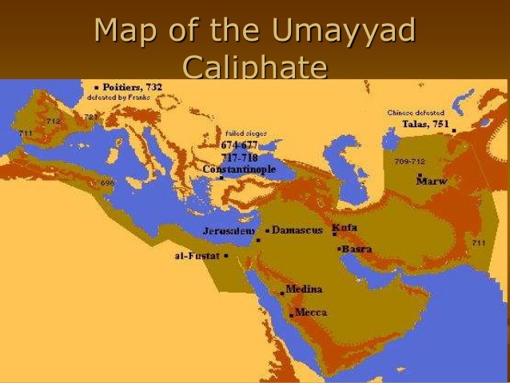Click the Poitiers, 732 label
coord(132,86)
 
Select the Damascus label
coord(297,229)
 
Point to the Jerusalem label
coord(229,230)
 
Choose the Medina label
coord(304,289)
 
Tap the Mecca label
coord(311,312)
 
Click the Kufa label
coord(345,227)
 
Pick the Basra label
coord(357,249)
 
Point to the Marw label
coord(432,181)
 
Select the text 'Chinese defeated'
coord(416,113)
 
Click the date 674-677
coord(240,145)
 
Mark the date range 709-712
coord(409,161)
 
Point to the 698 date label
coord(108,183)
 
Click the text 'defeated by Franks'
coord(119,96)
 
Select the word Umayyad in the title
coord(345,32)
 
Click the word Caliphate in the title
coord(255,67)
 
